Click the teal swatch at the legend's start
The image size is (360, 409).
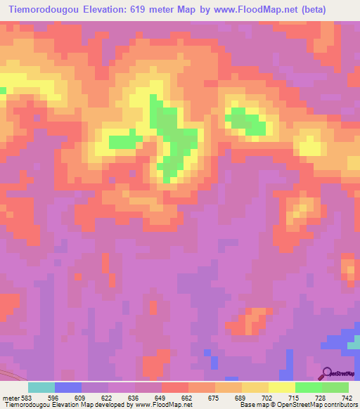[41, 387]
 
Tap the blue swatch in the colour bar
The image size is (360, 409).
[68, 387]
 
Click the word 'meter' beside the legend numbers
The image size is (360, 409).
[11, 397]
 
